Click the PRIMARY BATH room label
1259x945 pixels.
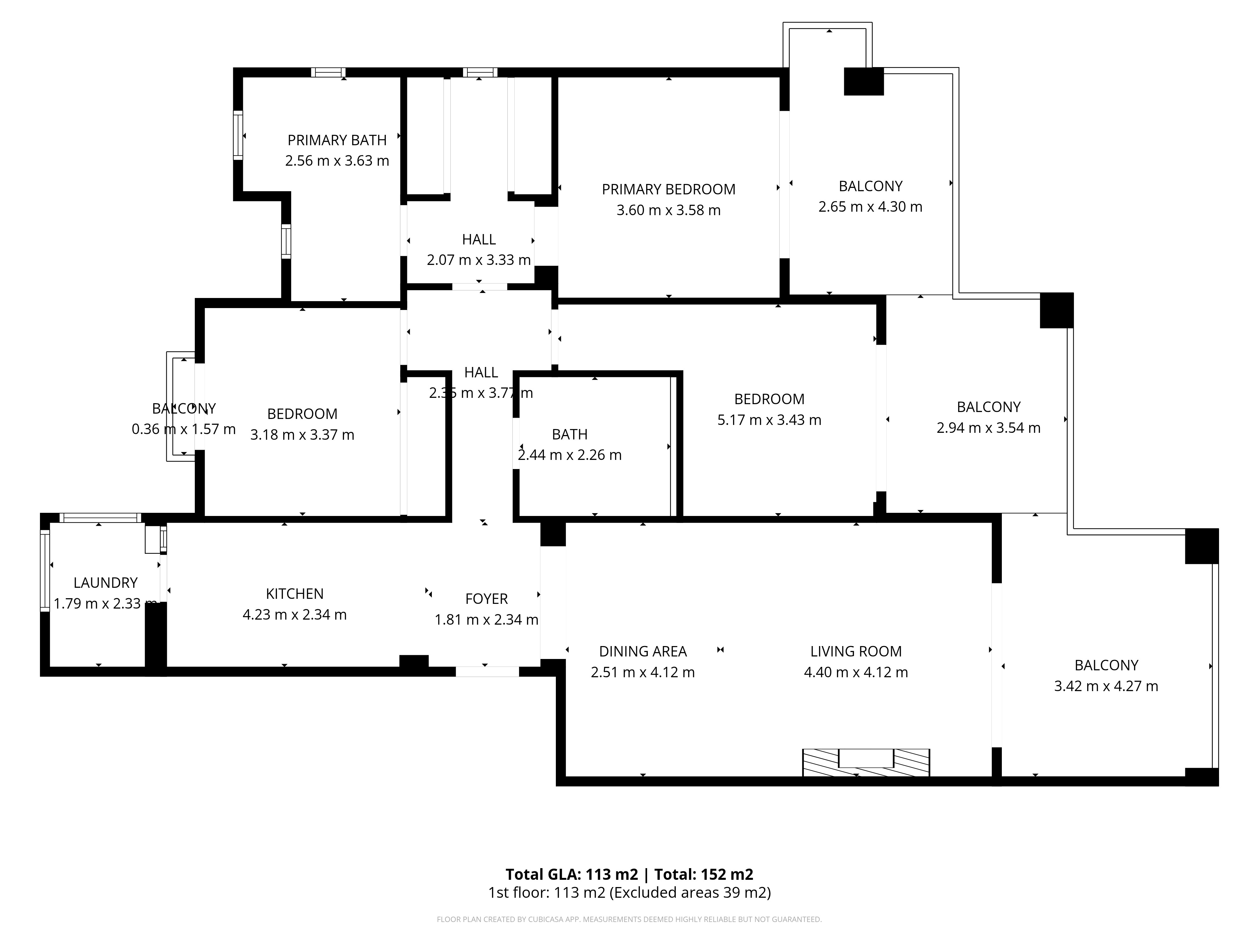[337, 140]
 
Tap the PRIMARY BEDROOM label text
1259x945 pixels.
[669, 189]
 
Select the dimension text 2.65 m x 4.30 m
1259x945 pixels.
[870, 207]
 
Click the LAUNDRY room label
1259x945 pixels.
[106, 583]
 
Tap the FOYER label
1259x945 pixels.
[487, 599]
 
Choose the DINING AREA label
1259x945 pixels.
[643, 651]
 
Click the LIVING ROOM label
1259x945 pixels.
[856, 651]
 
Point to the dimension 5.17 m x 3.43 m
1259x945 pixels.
[770, 420]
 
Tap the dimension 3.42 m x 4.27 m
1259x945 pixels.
[1106, 686]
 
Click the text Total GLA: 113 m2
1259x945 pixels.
[572, 874]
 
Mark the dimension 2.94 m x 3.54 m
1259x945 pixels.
[989, 428]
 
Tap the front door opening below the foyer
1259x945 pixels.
[487, 672]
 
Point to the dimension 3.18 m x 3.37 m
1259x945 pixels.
[302, 435]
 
